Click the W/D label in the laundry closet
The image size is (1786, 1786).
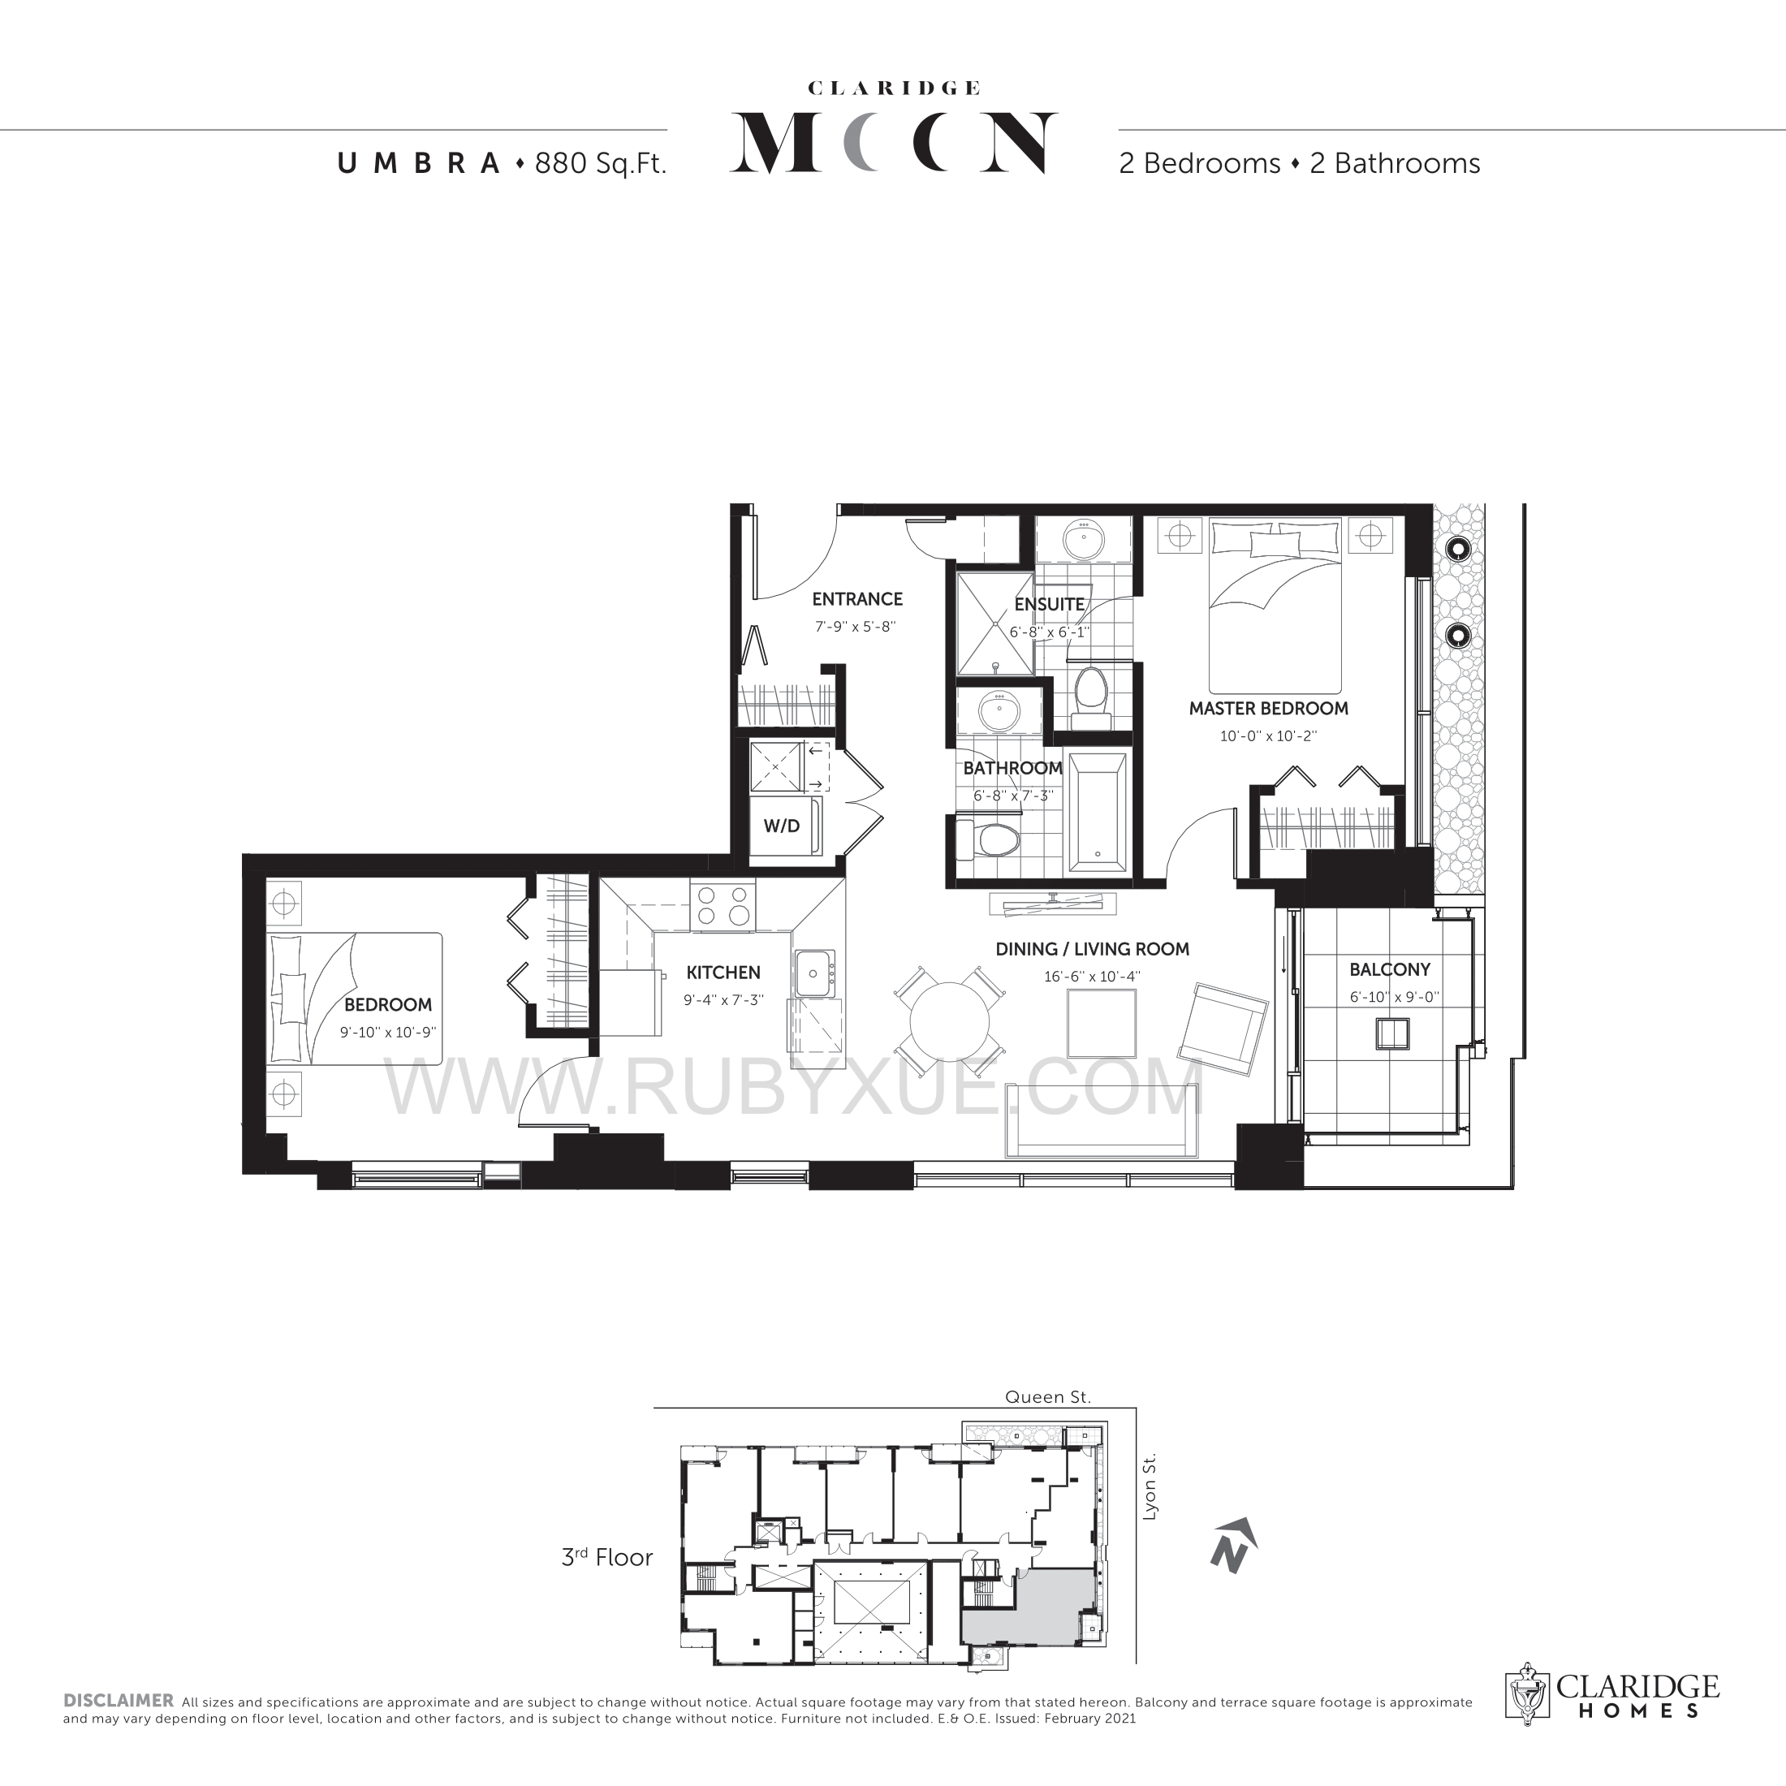(x=781, y=826)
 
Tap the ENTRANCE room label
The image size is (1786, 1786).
(x=857, y=599)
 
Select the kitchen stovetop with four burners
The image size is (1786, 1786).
(x=723, y=905)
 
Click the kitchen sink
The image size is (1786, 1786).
(x=813, y=973)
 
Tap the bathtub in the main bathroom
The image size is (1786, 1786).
(x=1098, y=813)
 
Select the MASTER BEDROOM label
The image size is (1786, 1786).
(x=1268, y=708)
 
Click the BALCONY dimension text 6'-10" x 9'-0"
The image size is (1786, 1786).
(x=1394, y=997)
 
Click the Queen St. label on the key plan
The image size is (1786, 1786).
(x=1048, y=1397)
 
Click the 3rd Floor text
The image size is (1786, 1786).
(x=607, y=1558)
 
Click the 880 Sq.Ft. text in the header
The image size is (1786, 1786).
(x=601, y=164)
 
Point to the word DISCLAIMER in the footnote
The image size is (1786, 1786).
(x=119, y=1700)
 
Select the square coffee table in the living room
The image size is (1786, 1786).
(x=1101, y=1022)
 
